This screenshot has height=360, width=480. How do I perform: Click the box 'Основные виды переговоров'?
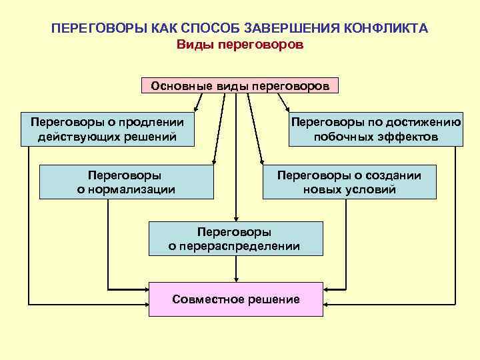(x=240, y=87)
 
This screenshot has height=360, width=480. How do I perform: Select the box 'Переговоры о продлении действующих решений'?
(x=107, y=129)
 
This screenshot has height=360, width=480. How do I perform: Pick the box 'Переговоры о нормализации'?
(x=127, y=182)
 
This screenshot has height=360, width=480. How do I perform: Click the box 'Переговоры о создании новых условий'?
(x=349, y=182)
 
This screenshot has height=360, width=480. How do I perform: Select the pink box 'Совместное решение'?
(x=235, y=299)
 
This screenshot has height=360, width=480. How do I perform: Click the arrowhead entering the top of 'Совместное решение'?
(x=235, y=279)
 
